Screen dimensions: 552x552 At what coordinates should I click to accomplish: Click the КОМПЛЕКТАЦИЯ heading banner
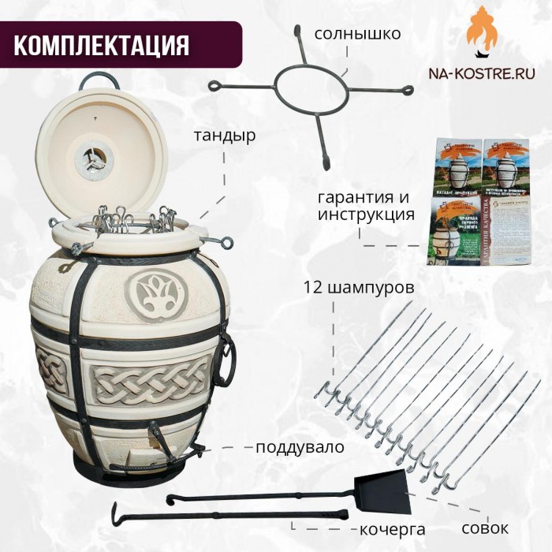pos(101,44)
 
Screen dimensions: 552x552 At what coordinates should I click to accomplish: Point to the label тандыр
pos(225,135)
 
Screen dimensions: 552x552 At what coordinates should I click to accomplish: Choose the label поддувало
pos(300,447)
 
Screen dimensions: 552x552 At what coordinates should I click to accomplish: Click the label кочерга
pos(387,528)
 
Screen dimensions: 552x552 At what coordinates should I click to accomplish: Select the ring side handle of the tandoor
pos(226,359)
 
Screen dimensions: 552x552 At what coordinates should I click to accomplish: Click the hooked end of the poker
pos(119,513)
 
